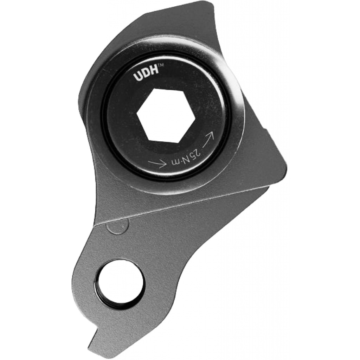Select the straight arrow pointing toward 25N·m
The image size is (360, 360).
157,163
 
